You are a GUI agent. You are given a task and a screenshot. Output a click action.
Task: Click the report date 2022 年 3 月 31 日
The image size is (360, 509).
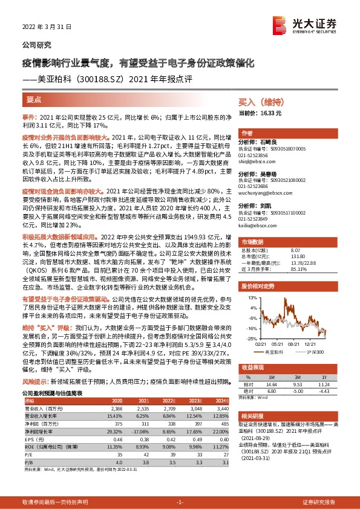coord(47,28)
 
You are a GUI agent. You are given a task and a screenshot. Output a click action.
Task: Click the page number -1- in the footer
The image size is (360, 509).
coord(180,502)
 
